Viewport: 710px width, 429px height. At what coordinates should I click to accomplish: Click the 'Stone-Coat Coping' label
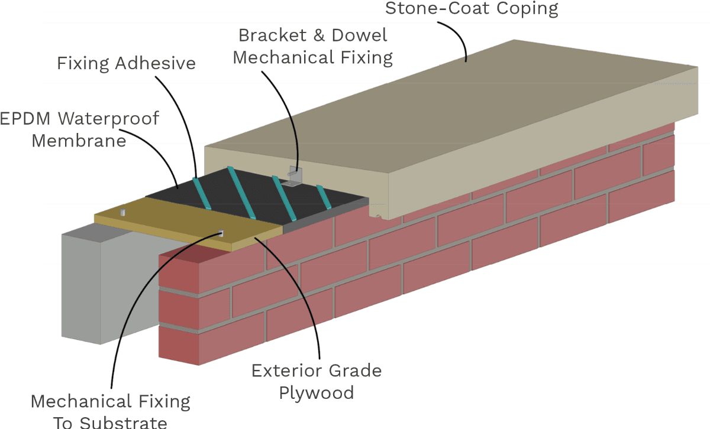[471, 8]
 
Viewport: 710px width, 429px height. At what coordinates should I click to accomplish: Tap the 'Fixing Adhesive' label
[126, 63]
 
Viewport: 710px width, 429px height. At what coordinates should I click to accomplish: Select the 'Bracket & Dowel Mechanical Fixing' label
[312, 46]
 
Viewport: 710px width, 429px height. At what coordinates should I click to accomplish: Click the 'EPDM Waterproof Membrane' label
[79, 129]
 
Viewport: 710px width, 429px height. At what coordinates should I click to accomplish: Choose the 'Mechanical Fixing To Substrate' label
[111, 411]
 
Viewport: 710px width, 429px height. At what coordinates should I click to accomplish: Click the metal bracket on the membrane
[293, 177]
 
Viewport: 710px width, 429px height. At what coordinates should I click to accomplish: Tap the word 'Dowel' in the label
[359, 35]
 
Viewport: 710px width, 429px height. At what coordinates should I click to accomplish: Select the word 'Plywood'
[317, 392]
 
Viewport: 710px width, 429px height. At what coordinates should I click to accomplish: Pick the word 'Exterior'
[286, 370]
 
